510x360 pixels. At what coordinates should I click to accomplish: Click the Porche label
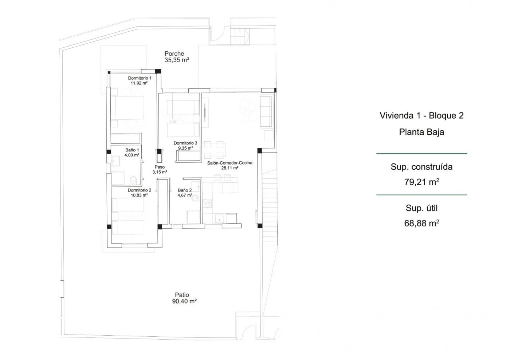[x=174, y=54]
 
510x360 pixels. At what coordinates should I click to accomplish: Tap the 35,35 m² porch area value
[x=177, y=60]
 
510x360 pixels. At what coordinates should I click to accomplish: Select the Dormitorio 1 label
[x=140, y=78]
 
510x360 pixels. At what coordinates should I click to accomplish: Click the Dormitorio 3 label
[x=185, y=143]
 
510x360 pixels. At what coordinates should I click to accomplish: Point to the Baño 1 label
[x=132, y=150]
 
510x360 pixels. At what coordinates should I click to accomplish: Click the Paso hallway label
[x=160, y=167]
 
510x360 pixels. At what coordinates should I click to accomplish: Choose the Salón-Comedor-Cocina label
[x=230, y=163]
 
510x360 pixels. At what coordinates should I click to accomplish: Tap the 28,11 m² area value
[x=230, y=168]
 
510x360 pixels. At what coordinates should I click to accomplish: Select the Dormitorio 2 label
[x=139, y=190]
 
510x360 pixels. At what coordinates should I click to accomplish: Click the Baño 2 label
[x=185, y=190]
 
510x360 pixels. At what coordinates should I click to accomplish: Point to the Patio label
[x=182, y=295]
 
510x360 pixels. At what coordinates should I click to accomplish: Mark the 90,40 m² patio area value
[x=184, y=301]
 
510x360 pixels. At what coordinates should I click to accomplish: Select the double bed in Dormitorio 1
[x=127, y=107]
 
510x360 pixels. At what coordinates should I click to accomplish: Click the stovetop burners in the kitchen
[x=207, y=203]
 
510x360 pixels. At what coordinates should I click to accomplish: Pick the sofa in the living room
[x=266, y=111]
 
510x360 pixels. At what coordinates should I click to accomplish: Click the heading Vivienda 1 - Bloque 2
[x=421, y=116]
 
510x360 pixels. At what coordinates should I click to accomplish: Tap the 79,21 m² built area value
[x=421, y=182]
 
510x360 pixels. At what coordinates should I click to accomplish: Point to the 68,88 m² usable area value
[x=421, y=223]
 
